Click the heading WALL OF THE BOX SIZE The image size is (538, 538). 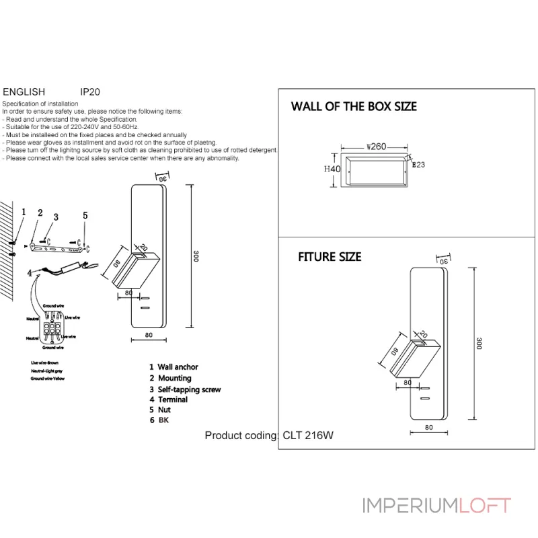(354, 106)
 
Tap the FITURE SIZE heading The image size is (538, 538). (330, 257)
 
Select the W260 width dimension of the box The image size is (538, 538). (376, 146)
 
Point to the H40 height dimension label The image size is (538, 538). (332, 169)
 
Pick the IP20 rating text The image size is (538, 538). (89, 91)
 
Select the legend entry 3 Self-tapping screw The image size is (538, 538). (185, 389)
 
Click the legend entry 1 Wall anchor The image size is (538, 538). (174, 367)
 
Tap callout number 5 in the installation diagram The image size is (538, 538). (85, 215)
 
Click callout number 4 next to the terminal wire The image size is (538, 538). (29, 274)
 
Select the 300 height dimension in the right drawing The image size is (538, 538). (479, 342)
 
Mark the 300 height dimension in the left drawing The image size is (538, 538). (196, 257)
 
